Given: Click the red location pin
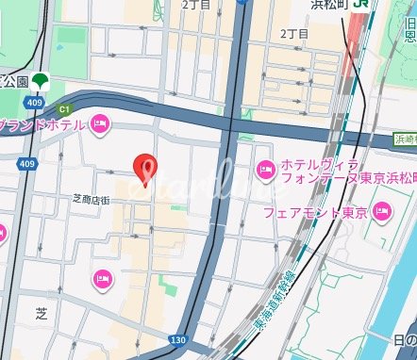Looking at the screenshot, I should (x=144, y=167).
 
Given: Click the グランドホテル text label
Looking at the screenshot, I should (x=42, y=124).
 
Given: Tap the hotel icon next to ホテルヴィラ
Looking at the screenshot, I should (x=266, y=170).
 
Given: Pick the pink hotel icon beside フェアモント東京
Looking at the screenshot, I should (x=382, y=211).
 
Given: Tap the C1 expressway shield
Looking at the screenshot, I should (x=65, y=108).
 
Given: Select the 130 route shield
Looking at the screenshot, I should (x=176, y=339).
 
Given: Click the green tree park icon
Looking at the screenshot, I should (x=41, y=82).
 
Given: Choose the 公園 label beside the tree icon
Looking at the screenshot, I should (x=14, y=81).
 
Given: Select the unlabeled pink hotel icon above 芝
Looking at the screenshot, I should (x=102, y=278).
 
